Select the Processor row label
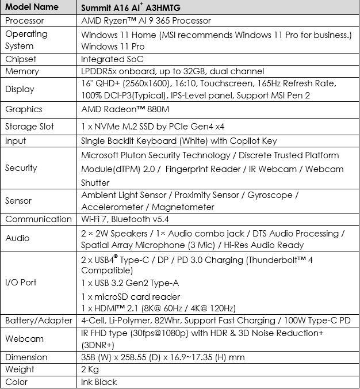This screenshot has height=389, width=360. pos(24,21)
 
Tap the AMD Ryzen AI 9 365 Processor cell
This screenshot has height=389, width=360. pos(146,21)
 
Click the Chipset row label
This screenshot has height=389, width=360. pos(21,59)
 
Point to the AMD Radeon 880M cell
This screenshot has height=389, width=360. pos(121,109)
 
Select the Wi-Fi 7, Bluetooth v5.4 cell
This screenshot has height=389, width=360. pos(131,219)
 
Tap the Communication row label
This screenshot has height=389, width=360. pos(38,219)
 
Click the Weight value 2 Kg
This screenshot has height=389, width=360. pos(90,369)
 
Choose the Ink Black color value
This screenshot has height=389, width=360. pos(99,382)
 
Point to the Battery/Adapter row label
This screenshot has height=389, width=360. pos(39,320)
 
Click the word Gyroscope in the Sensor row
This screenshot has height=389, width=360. pos(270,195)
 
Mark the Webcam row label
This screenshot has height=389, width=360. pos(24,338)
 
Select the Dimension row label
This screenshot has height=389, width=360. pos(26,357)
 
